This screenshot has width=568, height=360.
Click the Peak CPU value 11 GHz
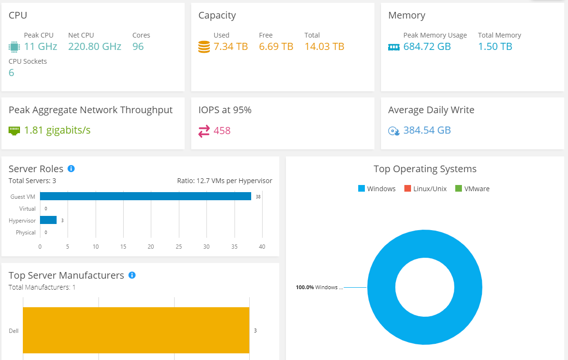pos(40,47)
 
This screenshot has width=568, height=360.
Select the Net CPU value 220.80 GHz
pos(95,47)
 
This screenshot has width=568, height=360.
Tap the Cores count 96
pos(138,47)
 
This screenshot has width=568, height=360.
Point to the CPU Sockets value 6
pos(11,73)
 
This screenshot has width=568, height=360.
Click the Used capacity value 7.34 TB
pos(231,47)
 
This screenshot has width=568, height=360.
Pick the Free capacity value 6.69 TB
pos(276,47)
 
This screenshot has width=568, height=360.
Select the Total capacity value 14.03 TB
pos(324,47)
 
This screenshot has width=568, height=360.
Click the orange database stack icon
pos(204,47)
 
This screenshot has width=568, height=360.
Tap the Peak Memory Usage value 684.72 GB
pos(427,47)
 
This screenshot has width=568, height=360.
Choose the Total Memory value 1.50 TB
pos(495,47)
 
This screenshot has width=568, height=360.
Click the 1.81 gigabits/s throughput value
pos(57,130)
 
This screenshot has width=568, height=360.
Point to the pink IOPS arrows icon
pos(204,131)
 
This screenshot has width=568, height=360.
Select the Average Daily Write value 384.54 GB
pos(427,130)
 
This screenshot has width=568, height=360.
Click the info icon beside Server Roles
pos(71,169)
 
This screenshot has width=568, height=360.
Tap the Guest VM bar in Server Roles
pos(145,196)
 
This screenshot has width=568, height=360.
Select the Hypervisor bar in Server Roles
pos(48,220)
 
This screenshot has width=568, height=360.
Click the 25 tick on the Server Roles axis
pos(178,247)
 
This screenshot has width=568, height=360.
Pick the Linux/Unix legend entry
pos(425,189)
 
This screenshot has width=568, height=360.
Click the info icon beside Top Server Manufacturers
pos(132,275)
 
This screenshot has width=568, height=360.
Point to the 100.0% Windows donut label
pos(316,287)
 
